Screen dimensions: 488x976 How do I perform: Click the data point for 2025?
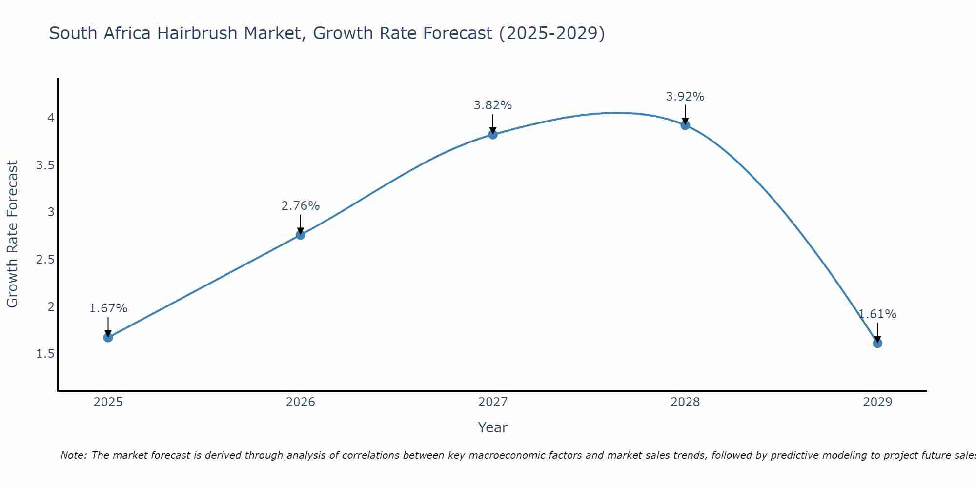click(x=108, y=337)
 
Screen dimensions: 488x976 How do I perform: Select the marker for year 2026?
click(x=300, y=235)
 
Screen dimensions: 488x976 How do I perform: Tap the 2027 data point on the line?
click(x=493, y=134)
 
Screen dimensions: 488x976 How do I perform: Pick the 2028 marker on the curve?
click(x=685, y=125)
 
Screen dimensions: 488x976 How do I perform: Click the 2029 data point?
click(x=877, y=343)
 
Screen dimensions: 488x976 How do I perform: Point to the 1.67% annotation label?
click(x=108, y=308)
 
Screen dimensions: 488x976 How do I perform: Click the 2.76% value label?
click(x=300, y=206)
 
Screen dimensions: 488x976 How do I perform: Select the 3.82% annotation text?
click(x=493, y=105)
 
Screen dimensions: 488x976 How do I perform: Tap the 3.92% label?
click(x=685, y=97)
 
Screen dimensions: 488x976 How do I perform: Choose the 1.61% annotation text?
click(x=877, y=314)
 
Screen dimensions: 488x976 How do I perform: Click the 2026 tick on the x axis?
click(x=300, y=402)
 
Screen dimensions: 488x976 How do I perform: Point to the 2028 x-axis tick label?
click(x=685, y=402)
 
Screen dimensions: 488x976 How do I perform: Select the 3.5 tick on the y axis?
click(x=45, y=165)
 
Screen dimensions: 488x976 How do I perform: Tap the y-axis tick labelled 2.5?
click(x=45, y=260)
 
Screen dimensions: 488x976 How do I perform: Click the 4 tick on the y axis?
click(x=51, y=118)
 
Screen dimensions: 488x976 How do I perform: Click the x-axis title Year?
click(x=493, y=427)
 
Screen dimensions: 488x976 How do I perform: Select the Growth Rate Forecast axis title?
click(x=12, y=234)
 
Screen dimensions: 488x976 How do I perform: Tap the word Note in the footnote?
click(x=73, y=455)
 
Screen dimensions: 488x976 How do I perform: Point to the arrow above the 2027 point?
click(x=493, y=123)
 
